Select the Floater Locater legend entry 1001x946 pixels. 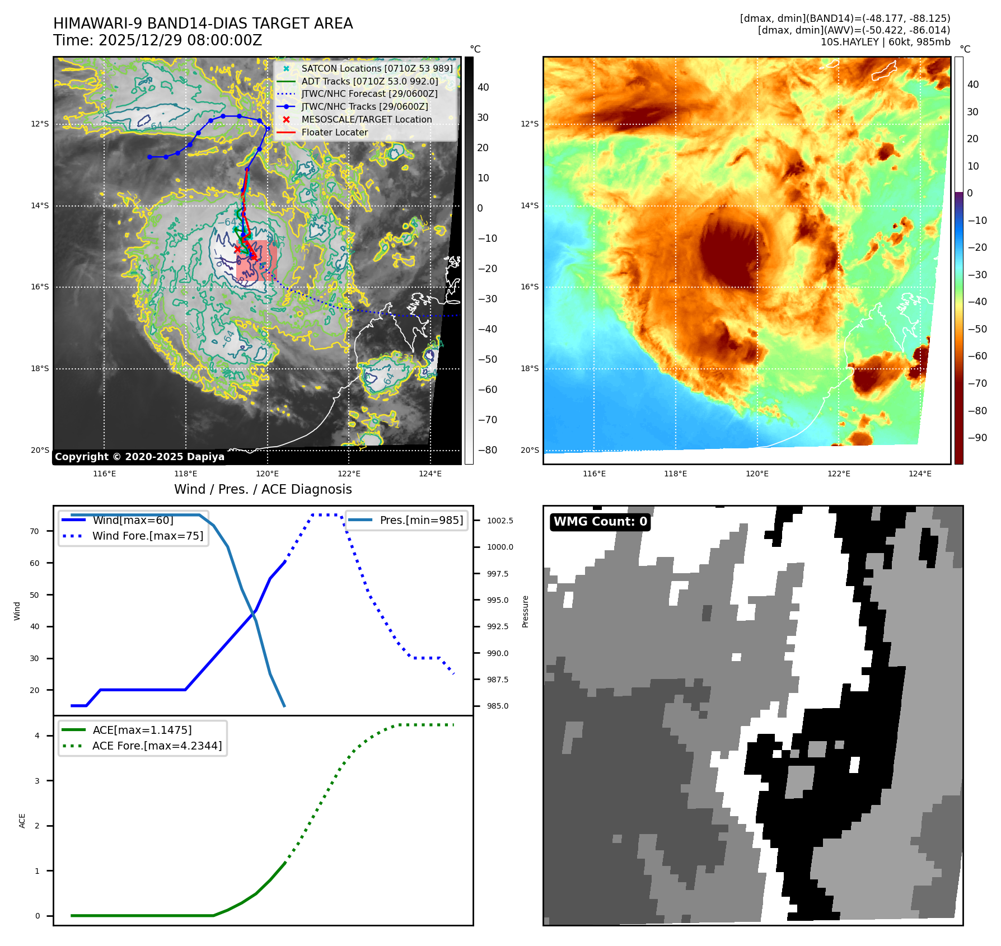[x=334, y=133]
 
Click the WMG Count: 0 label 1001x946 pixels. [x=600, y=522]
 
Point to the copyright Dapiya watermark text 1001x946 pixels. [x=139, y=457]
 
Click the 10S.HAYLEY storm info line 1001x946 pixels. [x=885, y=42]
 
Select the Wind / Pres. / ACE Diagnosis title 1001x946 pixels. [x=263, y=489]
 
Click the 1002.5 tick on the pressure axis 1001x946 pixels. [x=499, y=521]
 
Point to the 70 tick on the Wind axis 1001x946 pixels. [x=35, y=531]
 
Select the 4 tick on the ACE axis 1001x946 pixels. [x=37, y=736]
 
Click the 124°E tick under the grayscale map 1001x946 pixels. [x=430, y=474]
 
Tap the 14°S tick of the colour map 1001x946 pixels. [x=529, y=205]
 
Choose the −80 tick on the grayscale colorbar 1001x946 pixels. [x=487, y=450]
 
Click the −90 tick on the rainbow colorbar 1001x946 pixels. [x=977, y=438]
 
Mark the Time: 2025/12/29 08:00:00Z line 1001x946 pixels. [x=157, y=40]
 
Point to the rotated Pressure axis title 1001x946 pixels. [x=525, y=611]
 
